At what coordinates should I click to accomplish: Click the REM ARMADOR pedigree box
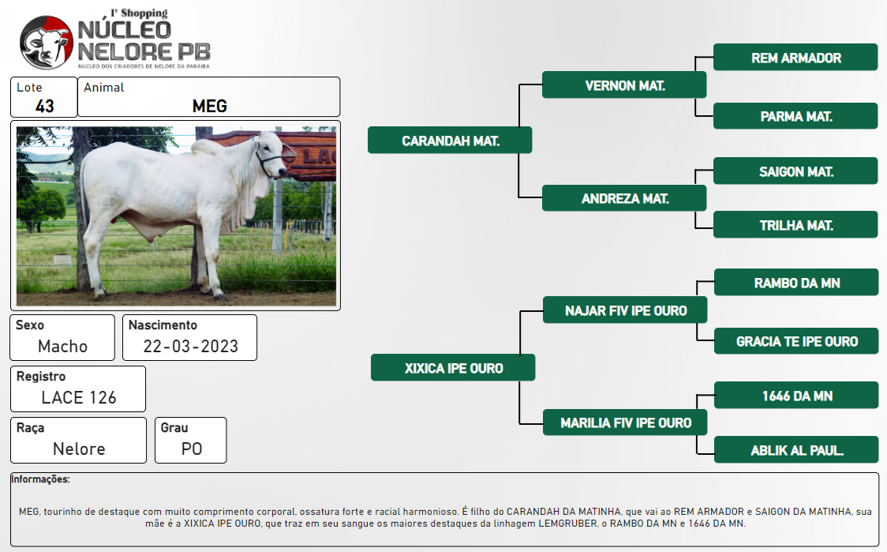click(795, 57)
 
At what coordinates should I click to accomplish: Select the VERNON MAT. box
click(624, 85)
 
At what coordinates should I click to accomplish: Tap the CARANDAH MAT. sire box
click(451, 141)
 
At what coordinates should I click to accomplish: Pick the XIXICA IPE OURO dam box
click(453, 368)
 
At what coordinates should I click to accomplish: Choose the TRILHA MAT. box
click(795, 225)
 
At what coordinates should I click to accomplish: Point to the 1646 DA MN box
click(796, 395)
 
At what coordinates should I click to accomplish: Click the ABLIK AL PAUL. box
click(796, 450)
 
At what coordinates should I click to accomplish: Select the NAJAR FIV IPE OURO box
click(625, 310)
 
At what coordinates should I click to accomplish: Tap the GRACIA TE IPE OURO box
click(796, 341)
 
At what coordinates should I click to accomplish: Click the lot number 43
click(45, 106)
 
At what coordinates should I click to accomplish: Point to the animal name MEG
click(209, 106)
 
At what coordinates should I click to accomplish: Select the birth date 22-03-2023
click(191, 346)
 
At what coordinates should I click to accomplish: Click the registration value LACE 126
click(79, 397)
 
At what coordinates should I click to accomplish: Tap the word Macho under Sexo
click(63, 346)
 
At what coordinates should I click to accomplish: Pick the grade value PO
click(192, 449)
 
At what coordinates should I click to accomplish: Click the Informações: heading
click(40, 479)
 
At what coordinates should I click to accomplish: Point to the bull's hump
click(208, 147)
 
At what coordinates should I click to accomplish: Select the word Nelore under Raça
click(79, 449)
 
